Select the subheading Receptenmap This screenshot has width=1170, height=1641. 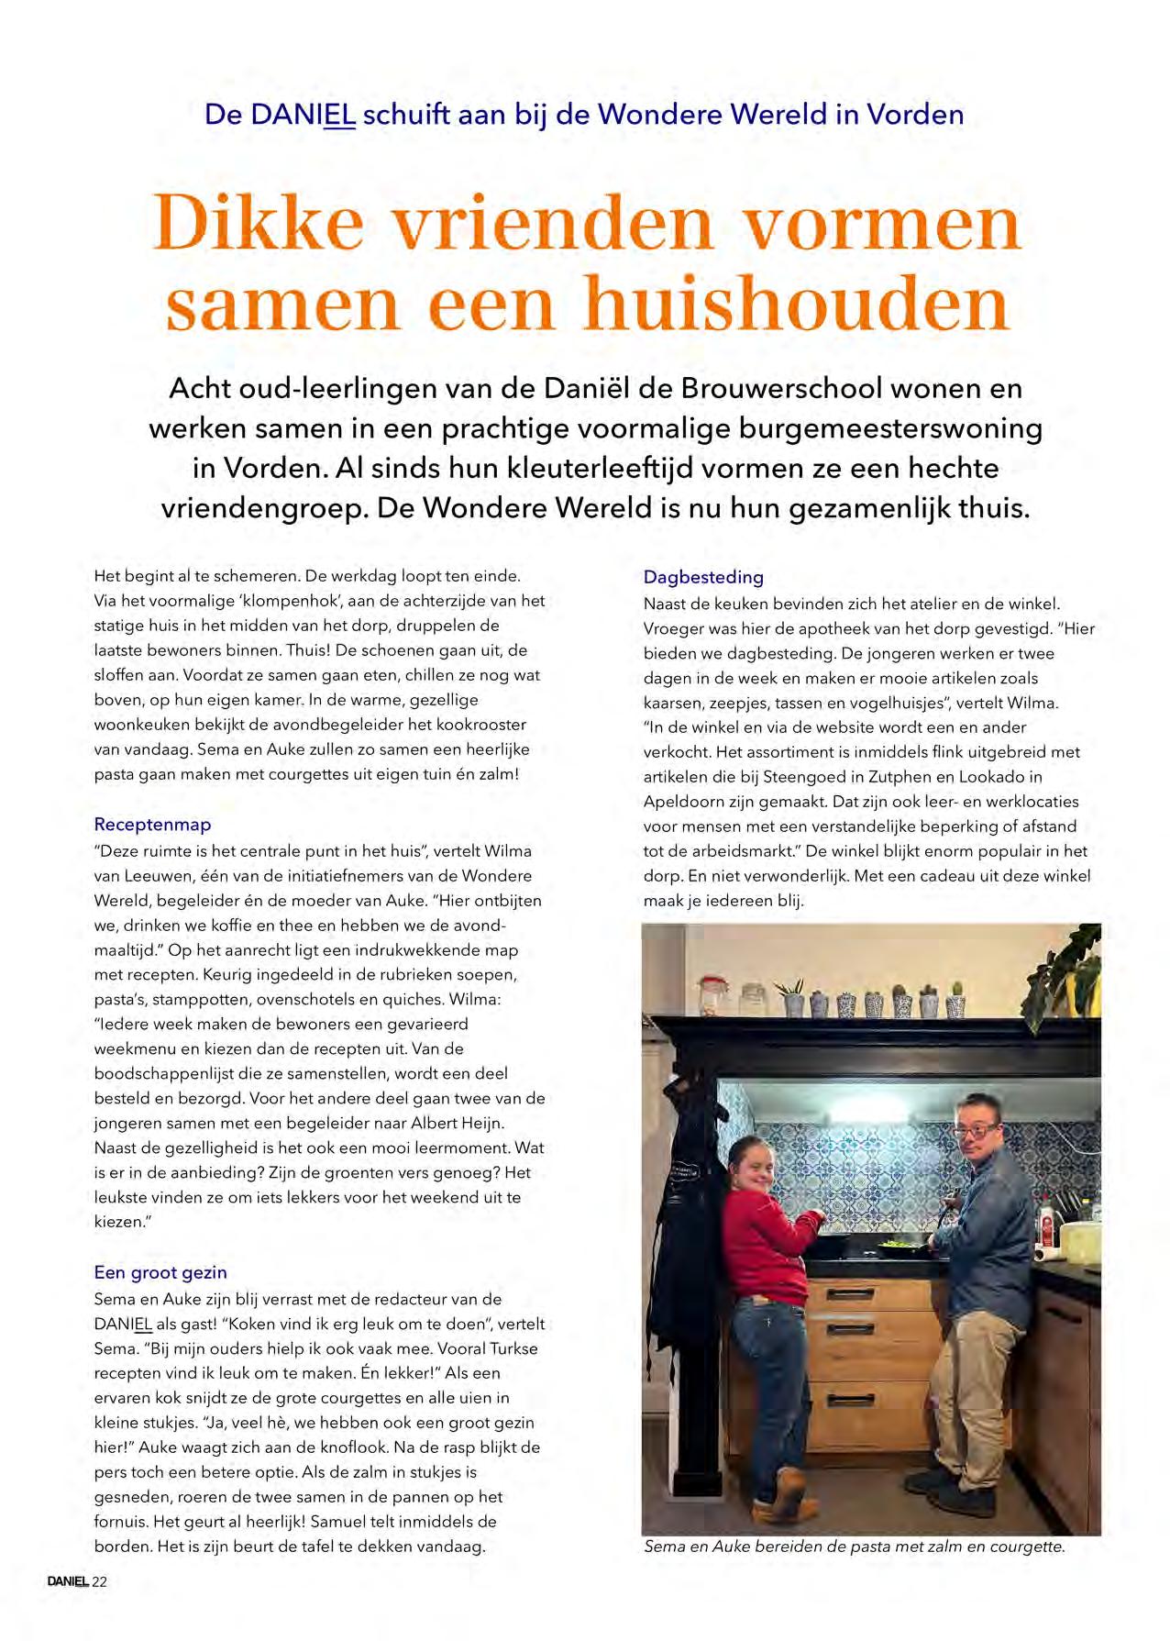pos(152,824)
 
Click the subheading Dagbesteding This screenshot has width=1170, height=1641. pos(703,577)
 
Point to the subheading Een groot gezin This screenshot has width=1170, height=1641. pos(160,1272)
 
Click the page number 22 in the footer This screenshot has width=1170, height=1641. pos(100,1581)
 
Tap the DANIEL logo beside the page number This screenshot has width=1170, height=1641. pos(68,1581)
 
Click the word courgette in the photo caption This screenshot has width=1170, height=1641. pos(1022,1547)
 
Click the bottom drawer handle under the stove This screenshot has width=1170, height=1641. pos(849,1399)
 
